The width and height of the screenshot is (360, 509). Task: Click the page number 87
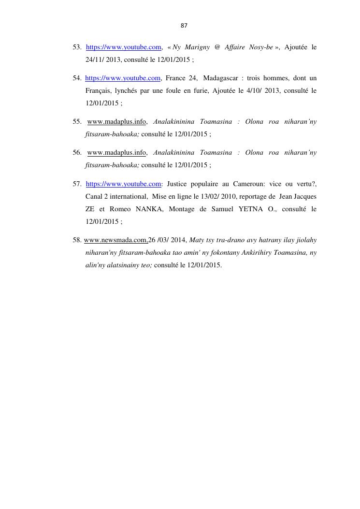click(184, 25)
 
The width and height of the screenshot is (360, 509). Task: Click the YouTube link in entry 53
click(123, 47)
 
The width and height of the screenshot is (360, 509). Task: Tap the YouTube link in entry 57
click(123, 184)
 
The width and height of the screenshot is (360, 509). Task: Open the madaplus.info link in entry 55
click(116, 122)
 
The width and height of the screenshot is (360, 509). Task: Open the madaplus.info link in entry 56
click(116, 153)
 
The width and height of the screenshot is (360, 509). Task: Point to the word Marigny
click(197, 47)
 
